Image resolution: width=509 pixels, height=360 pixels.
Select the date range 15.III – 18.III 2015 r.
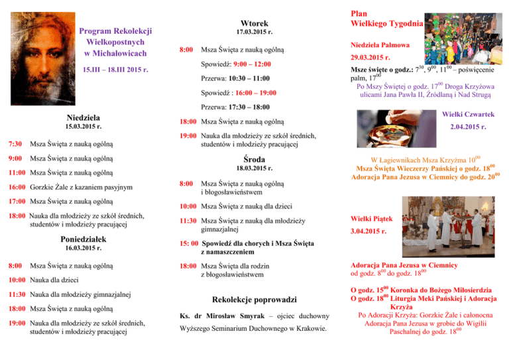pos(115,69)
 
